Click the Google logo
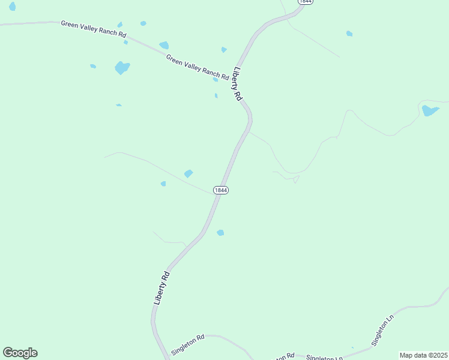click(x=20, y=353)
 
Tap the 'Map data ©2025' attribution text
click(x=424, y=355)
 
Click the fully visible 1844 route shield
click(x=220, y=190)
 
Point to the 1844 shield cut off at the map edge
click(x=305, y=2)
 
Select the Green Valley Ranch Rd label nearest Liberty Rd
click(x=197, y=67)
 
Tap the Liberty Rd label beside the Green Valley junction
click(x=238, y=83)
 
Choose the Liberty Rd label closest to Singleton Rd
click(x=161, y=289)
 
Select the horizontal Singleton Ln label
click(x=324, y=358)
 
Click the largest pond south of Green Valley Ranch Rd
click(x=122, y=68)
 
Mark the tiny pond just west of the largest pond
click(x=93, y=66)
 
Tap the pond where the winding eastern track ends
click(x=430, y=110)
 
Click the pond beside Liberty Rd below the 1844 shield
click(x=220, y=233)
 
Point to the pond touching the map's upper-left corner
click(x=12, y=6)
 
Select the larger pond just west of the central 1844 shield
click(x=188, y=173)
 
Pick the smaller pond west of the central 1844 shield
click(x=163, y=184)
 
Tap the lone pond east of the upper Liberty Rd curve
click(x=349, y=34)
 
